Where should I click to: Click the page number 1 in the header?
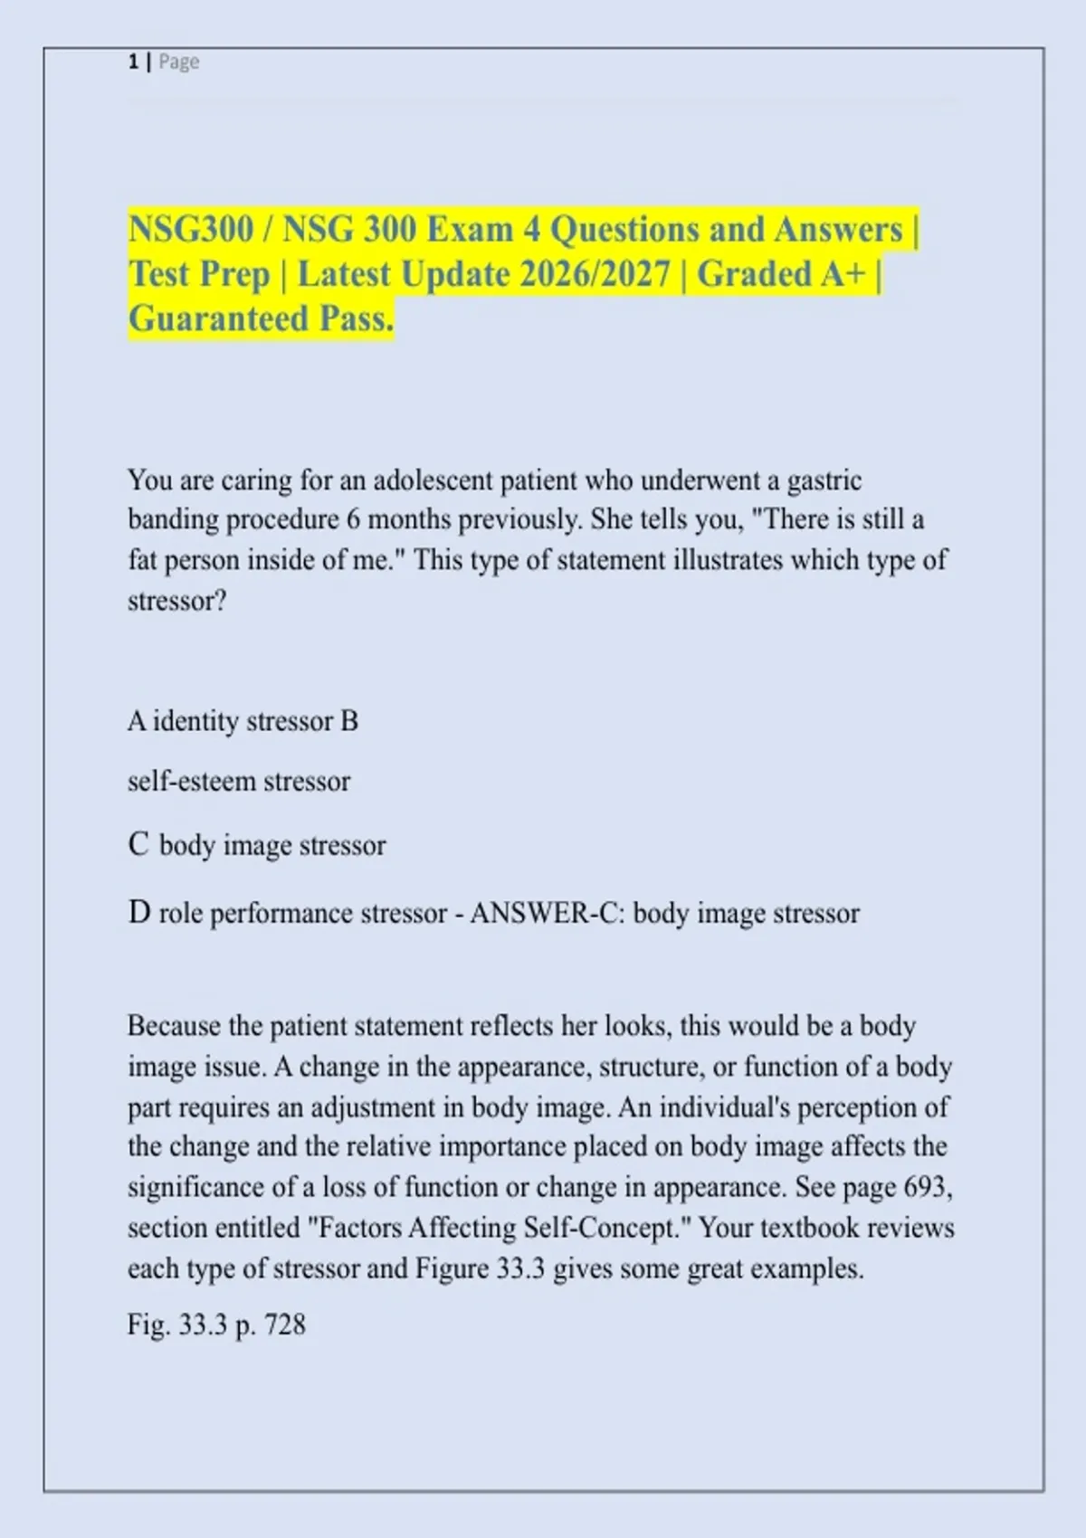click(x=133, y=62)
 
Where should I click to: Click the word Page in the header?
click(x=179, y=62)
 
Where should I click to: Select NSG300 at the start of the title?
click(x=191, y=230)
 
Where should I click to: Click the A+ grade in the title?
click(x=843, y=274)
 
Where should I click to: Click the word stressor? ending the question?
click(x=177, y=601)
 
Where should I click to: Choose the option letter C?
click(x=138, y=845)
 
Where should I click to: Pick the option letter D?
click(x=138, y=913)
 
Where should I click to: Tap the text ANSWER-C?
click(x=547, y=913)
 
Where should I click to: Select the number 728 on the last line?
click(x=285, y=1325)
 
